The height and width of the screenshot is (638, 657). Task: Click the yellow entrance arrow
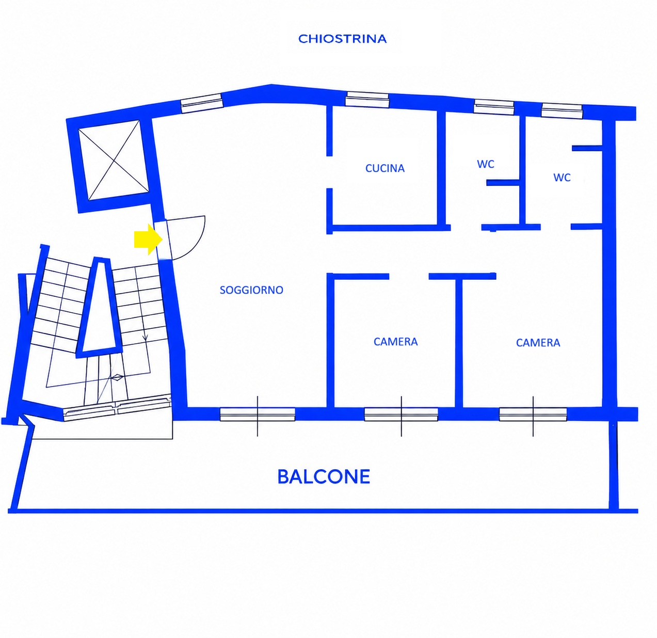click(x=149, y=239)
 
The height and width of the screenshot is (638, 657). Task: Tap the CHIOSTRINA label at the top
click(x=342, y=39)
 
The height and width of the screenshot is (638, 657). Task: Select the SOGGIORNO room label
click(x=251, y=290)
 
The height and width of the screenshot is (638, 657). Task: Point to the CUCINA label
click(x=385, y=168)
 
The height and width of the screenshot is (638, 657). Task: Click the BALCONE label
click(x=324, y=476)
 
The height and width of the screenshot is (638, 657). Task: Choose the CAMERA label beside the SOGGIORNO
click(x=395, y=342)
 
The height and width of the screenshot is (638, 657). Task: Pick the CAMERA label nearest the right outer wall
click(x=538, y=342)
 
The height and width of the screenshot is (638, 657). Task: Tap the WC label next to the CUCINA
click(x=486, y=164)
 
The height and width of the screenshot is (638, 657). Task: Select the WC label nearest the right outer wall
click(x=562, y=178)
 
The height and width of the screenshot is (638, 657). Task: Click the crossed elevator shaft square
click(x=114, y=159)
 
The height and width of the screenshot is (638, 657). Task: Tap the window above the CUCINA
click(x=367, y=100)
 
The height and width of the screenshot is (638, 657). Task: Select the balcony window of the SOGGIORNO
click(x=257, y=414)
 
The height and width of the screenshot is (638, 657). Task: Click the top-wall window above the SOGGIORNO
click(x=202, y=103)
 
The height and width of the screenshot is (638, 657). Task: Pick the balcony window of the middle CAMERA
click(x=401, y=414)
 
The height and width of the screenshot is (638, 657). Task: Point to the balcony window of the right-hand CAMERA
click(x=533, y=414)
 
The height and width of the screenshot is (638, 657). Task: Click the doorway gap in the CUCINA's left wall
click(x=329, y=172)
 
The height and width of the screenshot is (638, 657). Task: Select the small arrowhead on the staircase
click(x=145, y=337)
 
